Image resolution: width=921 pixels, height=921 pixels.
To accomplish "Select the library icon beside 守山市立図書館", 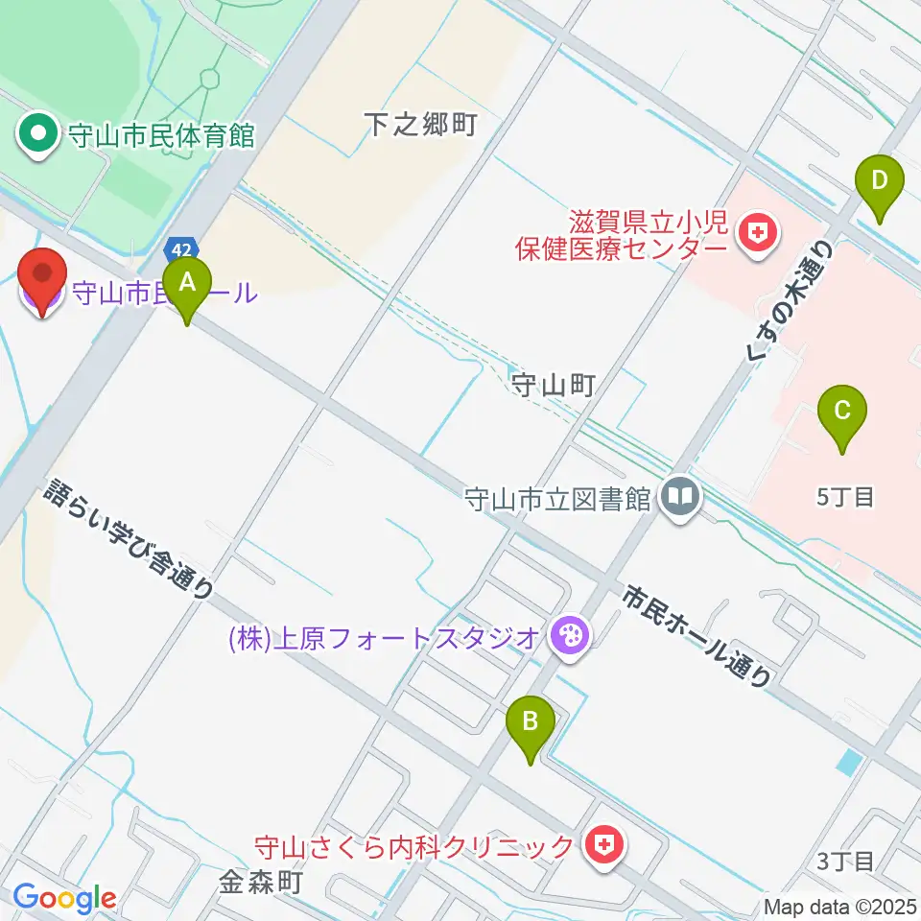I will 682,497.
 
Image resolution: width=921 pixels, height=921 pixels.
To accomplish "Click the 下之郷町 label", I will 420,125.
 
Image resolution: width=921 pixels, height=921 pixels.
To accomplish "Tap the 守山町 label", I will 555,386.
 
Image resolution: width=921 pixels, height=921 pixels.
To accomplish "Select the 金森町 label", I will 261,881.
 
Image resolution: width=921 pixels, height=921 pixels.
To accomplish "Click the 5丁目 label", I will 845,497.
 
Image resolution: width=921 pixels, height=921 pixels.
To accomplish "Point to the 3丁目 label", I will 846,861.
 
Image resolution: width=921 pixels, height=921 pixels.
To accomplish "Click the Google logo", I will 63,899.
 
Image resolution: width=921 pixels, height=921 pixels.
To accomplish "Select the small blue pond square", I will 848,763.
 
